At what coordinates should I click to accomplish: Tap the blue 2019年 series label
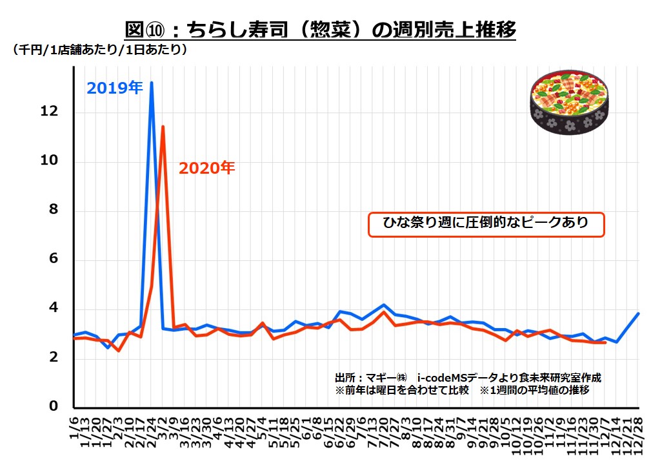click(x=115, y=88)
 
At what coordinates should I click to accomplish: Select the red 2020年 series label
click(x=206, y=169)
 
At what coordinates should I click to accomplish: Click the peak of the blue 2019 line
click(x=152, y=83)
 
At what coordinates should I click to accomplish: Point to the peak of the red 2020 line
click(x=163, y=127)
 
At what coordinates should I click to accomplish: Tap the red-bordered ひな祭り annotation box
click(x=486, y=224)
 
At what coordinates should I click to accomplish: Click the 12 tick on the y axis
click(x=50, y=112)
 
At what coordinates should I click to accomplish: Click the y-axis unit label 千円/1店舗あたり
click(x=100, y=50)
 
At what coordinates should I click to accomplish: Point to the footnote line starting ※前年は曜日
click(x=461, y=391)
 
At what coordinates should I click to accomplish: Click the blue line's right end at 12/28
click(x=638, y=314)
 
